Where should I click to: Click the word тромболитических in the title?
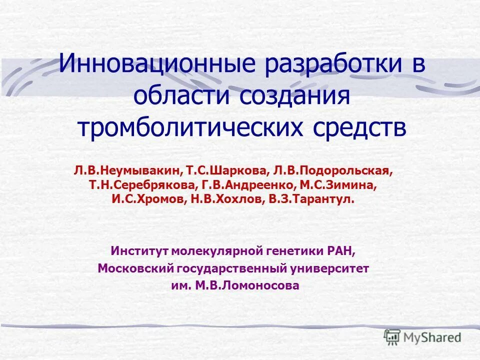(x=190, y=127)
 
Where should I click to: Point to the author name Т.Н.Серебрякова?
(x=142, y=185)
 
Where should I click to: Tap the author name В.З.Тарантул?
(x=312, y=199)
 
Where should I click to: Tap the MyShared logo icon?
(x=392, y=337)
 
